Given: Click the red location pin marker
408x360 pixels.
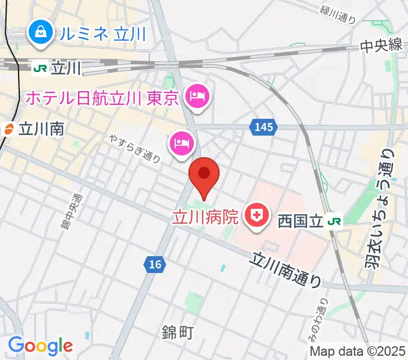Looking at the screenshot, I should (x=204, y=175).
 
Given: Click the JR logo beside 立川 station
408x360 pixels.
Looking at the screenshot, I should (x=40, y=68).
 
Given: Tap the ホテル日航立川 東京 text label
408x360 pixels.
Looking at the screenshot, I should (x=102, y=97).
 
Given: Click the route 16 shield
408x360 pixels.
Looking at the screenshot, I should (x=155, y=264).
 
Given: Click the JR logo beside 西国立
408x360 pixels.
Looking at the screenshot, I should (x=334, y=221).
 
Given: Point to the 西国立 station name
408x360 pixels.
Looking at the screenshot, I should (x=300, y=221).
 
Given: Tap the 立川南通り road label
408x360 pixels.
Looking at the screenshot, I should (x=287, y=268).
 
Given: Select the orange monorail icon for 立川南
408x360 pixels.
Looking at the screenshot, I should (x=9, y=128).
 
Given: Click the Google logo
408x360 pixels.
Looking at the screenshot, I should (x=40, y=346).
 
